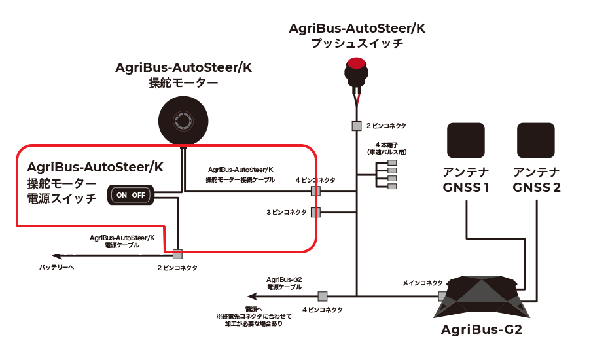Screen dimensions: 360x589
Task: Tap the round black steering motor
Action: pos(183,120)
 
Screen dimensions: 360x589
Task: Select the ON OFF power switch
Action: pos(131,195)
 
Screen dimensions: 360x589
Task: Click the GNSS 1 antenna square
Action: pos(466,141)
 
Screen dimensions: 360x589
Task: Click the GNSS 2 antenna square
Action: pos(536,141)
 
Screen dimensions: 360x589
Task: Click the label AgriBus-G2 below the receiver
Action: pos(482,331)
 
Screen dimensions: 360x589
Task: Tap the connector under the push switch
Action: pos(357,126)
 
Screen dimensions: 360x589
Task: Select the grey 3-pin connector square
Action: pos(315,212)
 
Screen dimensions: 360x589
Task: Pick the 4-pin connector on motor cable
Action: pos(315,190)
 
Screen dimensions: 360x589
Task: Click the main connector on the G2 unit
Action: pos(442,296)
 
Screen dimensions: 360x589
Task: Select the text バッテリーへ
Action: pos(57,268)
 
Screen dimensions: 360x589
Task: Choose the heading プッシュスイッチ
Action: pos(357,44)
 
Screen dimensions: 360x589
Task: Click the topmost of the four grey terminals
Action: pos(392,163)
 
